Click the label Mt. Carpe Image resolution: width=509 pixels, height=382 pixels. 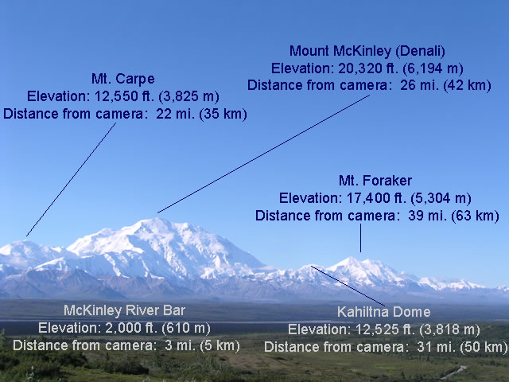(x=123, y=80)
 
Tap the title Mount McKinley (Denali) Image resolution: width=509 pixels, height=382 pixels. (x=367, y=51)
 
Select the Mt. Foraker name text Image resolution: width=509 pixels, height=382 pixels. (x=375, y=181)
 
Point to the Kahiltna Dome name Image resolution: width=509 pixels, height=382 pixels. (x=384, y=312)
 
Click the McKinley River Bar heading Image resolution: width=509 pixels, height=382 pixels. (x=124, y=310)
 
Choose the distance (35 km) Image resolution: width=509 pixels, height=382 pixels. (x=223, y=114)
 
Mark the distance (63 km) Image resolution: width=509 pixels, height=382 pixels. (x=476, y=216)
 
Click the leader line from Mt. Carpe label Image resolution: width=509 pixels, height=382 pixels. (x=71, y=180)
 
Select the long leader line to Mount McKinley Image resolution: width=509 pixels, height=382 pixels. (x=263, y=154)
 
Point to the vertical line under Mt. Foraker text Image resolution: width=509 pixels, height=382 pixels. (x=360, y=238)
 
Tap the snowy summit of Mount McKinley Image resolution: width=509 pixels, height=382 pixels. (x=156, y=220)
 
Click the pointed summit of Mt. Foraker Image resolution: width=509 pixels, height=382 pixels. (x=350, y=258)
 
